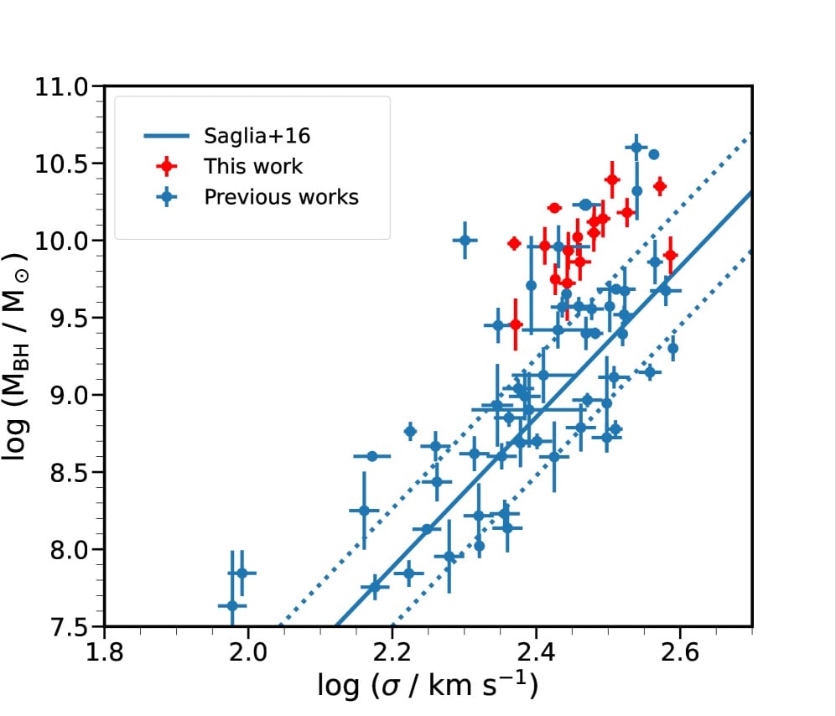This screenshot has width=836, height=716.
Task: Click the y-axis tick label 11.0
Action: (60, 86)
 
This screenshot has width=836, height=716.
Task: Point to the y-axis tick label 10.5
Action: (60, 163)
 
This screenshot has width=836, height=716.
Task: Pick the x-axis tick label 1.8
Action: (104, 651)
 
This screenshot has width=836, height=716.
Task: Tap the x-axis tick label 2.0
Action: (247, 651)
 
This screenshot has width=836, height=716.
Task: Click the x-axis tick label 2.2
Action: (392, 651)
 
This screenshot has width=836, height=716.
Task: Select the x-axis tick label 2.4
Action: (535, 651)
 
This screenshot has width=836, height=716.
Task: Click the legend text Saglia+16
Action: (251, 136)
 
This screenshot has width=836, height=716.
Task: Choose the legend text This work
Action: (253, 166)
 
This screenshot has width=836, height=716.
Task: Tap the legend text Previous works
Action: (281, 197)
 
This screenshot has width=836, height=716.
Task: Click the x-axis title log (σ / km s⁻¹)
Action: (428, 686)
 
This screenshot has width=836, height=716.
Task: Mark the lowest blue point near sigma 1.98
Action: (232, 605)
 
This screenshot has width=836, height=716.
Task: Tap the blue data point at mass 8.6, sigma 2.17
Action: (372, 456)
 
